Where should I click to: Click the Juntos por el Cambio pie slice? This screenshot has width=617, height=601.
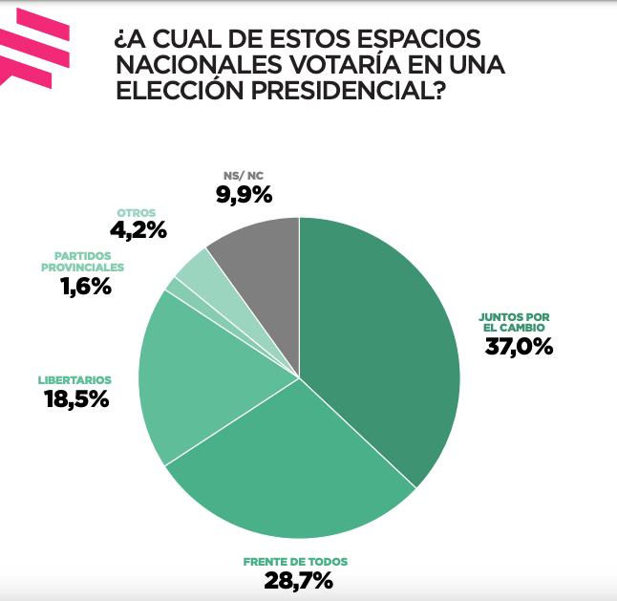tap(382, 334)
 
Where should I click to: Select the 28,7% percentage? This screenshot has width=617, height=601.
tap(298, 579)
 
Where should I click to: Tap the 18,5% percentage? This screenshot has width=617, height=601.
tap(76, 398)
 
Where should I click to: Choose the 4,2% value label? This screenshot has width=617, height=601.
tap(138, 229)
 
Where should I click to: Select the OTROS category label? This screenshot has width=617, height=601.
tap(137, 212)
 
